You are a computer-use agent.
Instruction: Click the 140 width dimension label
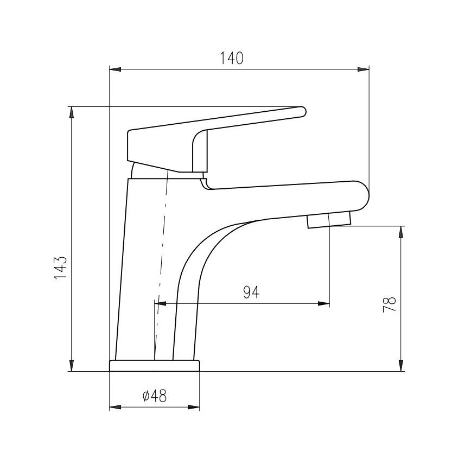[x=232, y=58]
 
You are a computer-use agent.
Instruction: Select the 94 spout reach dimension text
[x=251, y=292]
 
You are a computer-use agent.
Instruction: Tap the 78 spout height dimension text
[x=389, y=304]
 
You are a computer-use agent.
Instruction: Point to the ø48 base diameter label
[x=154, y=397]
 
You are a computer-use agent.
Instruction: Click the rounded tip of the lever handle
[x=303, y=111]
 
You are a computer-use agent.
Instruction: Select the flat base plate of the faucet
[x=155, y=366]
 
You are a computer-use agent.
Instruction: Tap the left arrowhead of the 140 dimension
[x=114, y=69]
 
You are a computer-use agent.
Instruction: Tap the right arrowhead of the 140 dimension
[x=365, y=69]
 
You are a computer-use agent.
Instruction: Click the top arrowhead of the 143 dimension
[x=71, y=111]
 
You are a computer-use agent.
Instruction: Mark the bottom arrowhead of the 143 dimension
[x=71, y=367]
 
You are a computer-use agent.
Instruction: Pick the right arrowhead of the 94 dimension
[x=324, y=304]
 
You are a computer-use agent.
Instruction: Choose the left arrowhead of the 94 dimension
[x=160, y=304]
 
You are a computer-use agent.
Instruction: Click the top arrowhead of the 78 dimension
[x=401, y=231]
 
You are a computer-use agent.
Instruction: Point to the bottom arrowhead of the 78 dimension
[x=401, y=367]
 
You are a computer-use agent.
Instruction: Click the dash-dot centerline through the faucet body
[x=162, y=260]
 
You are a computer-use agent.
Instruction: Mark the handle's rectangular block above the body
[x=160, y=149]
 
